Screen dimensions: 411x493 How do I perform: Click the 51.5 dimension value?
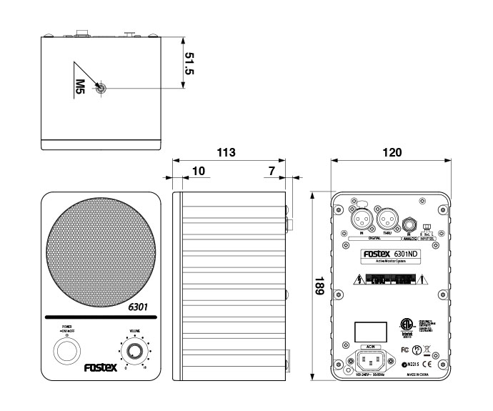[x=190, y=62]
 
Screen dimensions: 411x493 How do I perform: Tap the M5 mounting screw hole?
[x=102, y=88]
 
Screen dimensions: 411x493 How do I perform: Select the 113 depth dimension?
[x=226, y=152]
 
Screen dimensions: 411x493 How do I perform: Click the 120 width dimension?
[x=392, y=152]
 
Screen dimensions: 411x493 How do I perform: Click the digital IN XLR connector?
[x=362, y=217]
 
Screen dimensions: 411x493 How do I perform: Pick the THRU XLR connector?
[x=388, y=217]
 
